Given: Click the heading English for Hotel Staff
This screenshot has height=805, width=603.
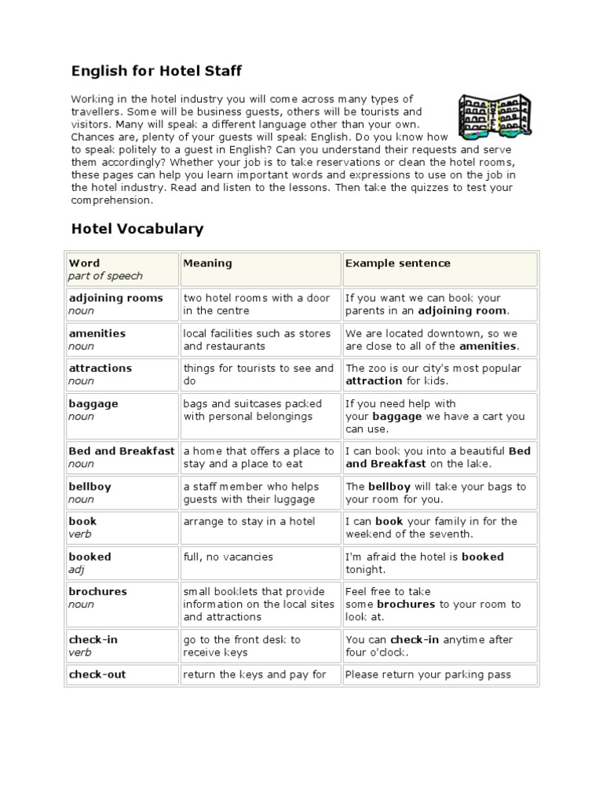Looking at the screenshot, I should (156, 72).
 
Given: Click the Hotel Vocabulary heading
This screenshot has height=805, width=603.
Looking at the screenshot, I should (137, 229).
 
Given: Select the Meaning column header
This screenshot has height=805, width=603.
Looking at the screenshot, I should (207, 263).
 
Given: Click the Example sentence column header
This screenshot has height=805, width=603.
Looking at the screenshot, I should (397, 263).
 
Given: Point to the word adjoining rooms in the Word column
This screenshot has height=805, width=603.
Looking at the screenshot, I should (115, 298).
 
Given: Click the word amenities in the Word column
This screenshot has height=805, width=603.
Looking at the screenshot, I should (97, 333).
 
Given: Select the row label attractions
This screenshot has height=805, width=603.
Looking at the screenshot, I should (100, 368).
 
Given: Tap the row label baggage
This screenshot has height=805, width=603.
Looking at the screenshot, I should (93, 403).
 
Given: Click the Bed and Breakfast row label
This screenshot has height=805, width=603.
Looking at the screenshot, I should (122, 451).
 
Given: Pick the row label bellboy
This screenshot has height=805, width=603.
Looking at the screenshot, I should (90, 487).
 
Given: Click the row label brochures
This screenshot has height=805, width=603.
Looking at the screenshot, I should (97, 591).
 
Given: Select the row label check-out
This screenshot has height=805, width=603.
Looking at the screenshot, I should (97, 675).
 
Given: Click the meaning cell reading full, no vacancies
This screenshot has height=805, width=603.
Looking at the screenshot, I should (228, 557).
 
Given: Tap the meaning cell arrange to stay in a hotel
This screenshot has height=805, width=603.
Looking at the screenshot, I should (249, 521).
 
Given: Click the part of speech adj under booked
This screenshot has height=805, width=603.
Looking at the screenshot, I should (76, 569).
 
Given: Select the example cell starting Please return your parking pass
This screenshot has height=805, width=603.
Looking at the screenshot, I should (428, 675).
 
